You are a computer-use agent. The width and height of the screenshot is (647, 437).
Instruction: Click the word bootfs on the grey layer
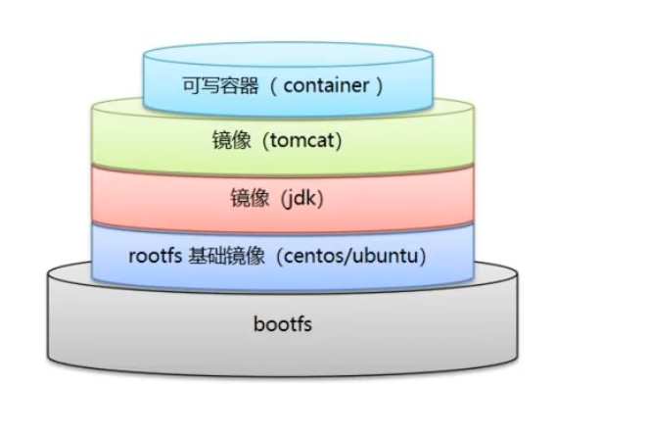tap(284, 322)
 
